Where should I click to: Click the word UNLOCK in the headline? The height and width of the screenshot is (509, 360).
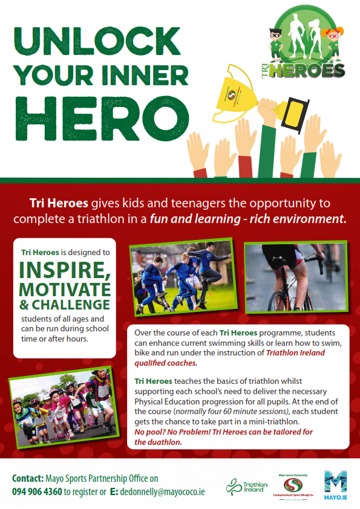[x=97, y=41]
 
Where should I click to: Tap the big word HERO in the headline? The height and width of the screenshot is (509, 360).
[x=102, y=118]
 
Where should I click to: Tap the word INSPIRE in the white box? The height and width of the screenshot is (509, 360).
[x=65, y=270]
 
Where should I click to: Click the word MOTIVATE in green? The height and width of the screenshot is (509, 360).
[x=65, y=290]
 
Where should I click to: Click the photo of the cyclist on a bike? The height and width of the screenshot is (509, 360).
[x=296, y=277]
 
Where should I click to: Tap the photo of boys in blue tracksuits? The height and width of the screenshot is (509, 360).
[x=183, y=277]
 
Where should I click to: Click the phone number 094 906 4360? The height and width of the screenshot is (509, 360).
[x=37, y=492]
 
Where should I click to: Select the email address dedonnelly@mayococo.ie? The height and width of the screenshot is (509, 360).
[x=162, y=492]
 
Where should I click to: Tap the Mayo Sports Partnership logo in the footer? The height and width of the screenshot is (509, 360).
[x=293, y=487]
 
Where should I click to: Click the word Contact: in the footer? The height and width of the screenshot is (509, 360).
[x=28, y=478]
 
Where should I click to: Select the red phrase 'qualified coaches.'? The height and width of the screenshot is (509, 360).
[x=166, y=363]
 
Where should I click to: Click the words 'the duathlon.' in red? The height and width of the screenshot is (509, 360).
[x=158, y=443]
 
